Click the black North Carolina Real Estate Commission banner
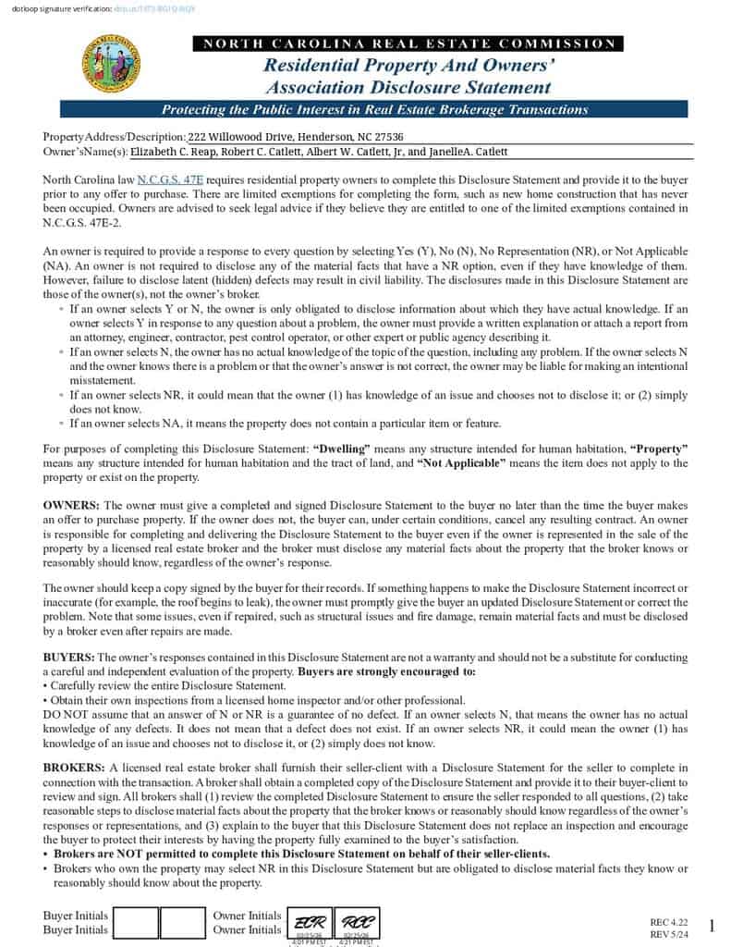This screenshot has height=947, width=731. (408, 43)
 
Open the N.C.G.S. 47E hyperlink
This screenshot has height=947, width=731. (170, 179)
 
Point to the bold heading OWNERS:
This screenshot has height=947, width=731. (71, 505)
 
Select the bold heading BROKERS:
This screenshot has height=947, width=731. (74, 768)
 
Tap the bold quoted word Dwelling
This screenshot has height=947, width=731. (342, 449)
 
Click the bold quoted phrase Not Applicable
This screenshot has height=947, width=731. (461, 462)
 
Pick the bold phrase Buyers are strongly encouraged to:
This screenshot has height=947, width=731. (386, 671)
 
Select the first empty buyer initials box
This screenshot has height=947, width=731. (135, 923)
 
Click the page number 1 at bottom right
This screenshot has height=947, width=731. (711, 927)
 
